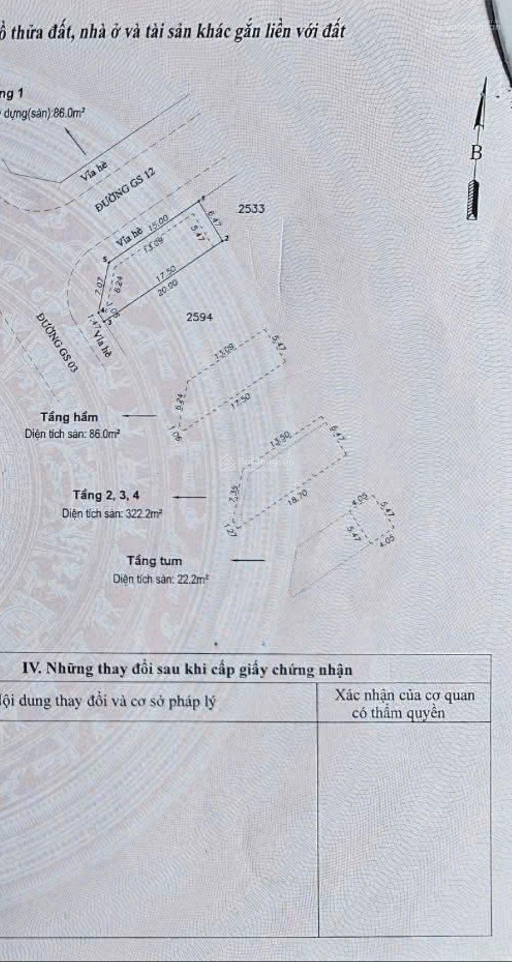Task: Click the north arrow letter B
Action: click(x=476, y=152)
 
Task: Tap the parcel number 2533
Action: click(x=251, y=208)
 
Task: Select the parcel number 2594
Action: click(x=199, y=317)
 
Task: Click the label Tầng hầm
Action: click(x=69, y=417)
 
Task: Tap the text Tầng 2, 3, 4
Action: click(x=106, y=495)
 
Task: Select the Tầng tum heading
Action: click(x=154, y=561)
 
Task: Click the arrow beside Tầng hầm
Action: click(x=139, y=416)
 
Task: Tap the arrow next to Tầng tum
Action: click(x=249, y=561)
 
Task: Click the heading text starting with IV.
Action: click(x=187, y=669)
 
